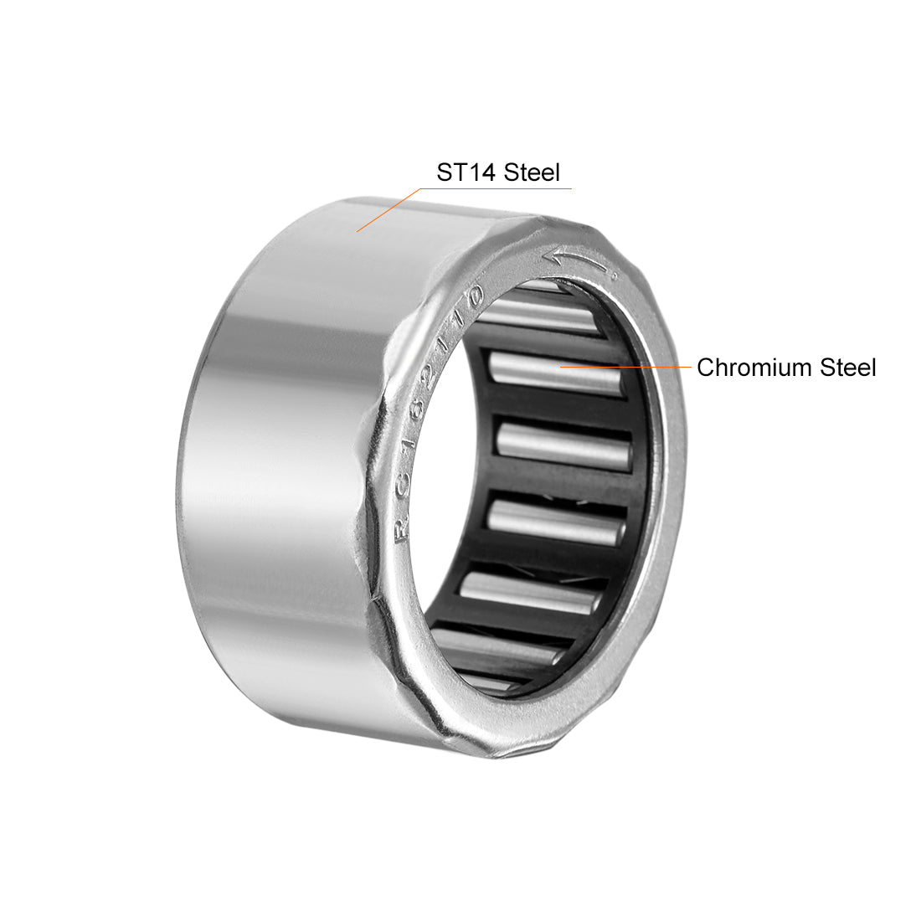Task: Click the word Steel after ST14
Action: tap(533, 172)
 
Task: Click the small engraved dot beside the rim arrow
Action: tap(612, 273)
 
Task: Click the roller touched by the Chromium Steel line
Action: tap(553, 373)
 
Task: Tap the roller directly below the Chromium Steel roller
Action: tap(563, 444)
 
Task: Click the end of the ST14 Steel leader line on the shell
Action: tap(358, 231)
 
